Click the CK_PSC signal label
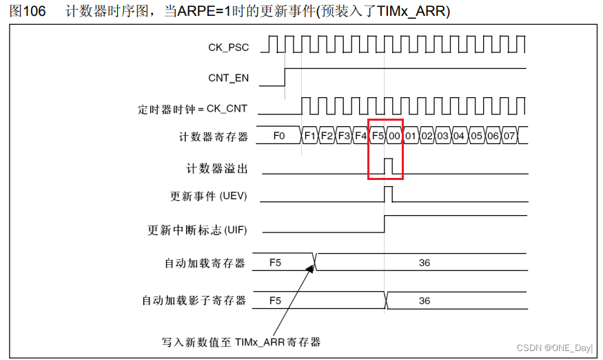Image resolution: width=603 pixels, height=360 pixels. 228,48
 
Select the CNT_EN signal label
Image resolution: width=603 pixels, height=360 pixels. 228,78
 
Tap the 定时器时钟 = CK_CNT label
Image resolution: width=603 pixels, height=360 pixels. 192,109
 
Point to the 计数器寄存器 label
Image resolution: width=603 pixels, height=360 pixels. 213,137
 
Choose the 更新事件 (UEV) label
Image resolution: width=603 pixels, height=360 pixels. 208,197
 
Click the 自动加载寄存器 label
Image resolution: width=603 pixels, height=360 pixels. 205,263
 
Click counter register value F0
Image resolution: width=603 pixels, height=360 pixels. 279,137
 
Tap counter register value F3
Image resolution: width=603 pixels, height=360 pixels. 344,137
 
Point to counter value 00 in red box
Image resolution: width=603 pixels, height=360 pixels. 394,137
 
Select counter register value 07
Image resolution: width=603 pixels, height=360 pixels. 509,137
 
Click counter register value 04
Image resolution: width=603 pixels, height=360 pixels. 460,137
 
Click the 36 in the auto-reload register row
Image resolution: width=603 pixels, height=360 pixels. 425,263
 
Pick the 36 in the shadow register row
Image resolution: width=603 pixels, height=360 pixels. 425,301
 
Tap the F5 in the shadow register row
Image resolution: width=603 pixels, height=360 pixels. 275,301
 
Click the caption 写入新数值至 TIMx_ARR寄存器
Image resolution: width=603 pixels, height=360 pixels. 242,341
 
